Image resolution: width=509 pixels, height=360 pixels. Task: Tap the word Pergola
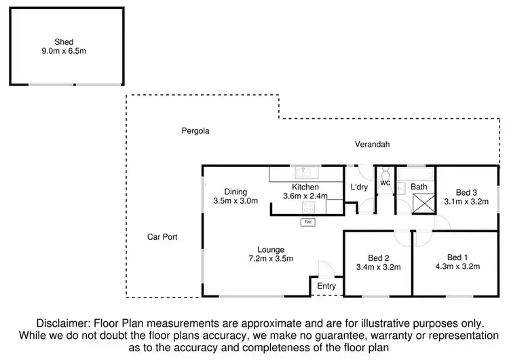[x=194, y=130]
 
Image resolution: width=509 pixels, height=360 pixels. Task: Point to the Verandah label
[x=371, y=144]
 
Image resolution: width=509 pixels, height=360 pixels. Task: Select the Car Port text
[x=162, y=237]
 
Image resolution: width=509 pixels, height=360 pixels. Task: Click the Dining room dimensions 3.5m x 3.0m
[x=231, y=201]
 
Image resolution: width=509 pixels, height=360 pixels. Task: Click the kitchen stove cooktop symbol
[x=309, y=208]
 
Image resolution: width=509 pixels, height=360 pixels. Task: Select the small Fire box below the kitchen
[x=308, y=221]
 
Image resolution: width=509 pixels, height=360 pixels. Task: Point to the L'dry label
[x=358, y=187]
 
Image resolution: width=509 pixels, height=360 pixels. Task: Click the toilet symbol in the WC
[x=385, y=173]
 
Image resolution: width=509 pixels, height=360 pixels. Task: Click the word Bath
[x=419, y=187]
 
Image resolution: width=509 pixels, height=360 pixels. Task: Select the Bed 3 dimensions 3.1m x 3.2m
[x=466, y=201]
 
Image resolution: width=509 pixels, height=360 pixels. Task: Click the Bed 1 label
[x=457, y=257]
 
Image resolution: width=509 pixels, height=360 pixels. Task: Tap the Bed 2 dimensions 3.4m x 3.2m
[x=378, y=267]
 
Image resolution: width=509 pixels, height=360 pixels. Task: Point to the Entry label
[x=326, y=286]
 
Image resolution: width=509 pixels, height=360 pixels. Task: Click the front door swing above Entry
[x=324, y=268]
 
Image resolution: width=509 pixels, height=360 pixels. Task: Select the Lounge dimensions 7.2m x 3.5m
[x=270, y=259]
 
